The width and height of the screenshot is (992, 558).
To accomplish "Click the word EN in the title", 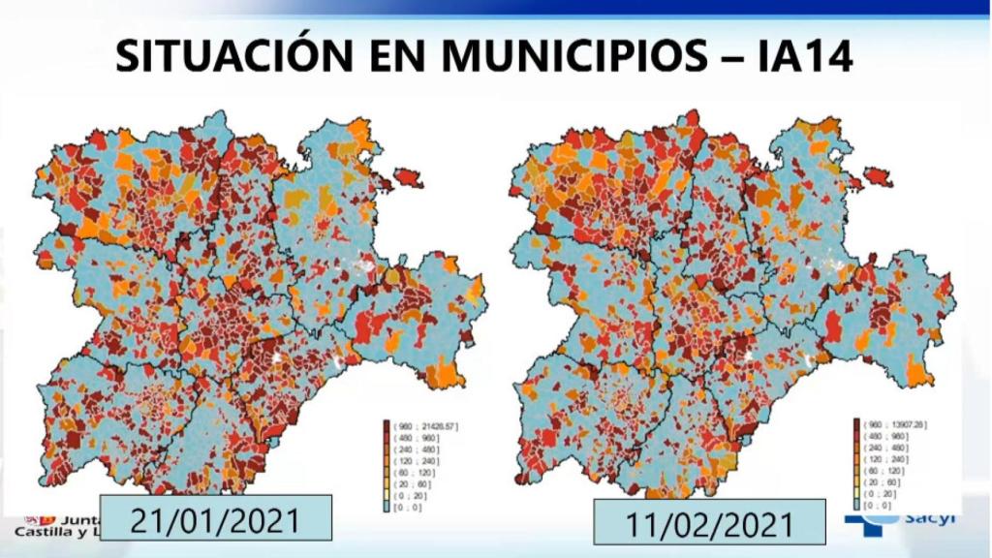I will (x=388, y=56).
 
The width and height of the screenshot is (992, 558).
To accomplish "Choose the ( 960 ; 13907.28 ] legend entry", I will (x=894, y=423).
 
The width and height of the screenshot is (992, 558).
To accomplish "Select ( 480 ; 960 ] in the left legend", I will (x=410, y=437).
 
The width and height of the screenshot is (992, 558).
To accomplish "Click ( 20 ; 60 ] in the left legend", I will (x=408, y=483).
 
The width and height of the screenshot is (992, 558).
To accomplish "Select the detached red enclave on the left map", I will (x=409, y=179).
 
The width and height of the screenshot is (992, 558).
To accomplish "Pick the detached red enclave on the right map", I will (x=879, y=176).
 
